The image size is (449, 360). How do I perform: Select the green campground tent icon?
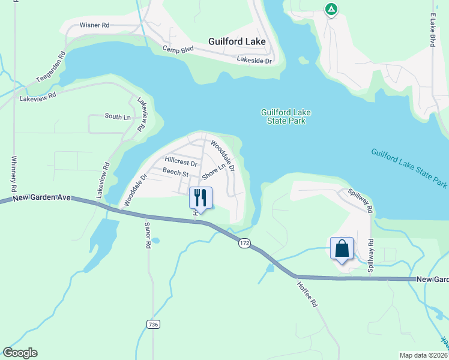[331, 9]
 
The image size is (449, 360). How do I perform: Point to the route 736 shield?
[153, 324]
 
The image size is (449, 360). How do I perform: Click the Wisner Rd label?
[94, 26]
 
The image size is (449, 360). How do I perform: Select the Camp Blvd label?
[179, 50]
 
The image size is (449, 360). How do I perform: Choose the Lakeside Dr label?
[255, 60]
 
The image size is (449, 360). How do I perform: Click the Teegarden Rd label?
[50, 64]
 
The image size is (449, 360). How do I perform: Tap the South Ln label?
[118, 116]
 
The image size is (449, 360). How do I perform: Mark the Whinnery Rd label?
[14, 173]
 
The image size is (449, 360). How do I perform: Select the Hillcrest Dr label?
[181, 163]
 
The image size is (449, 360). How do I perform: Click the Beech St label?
[175, 173]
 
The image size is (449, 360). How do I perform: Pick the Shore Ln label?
[213, 171]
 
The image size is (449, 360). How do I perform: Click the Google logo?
[20, 353]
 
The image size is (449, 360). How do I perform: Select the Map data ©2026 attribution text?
[421, 355]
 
